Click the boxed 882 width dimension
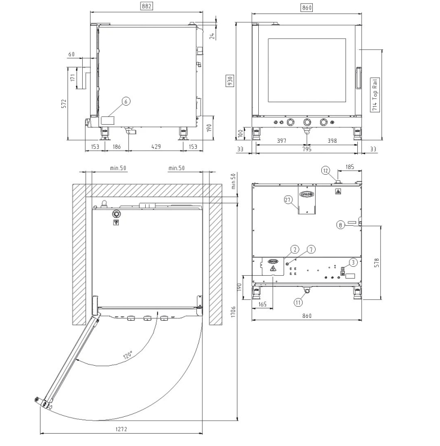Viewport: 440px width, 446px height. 146,6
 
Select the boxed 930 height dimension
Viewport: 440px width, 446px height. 230,80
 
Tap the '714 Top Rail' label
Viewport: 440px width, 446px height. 375,94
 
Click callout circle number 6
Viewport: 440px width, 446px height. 126,101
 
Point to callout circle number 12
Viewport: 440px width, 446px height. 326,171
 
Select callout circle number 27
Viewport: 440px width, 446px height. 288,200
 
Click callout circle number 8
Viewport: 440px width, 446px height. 340,225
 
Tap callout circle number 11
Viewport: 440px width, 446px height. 298,302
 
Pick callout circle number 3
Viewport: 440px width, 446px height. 353,262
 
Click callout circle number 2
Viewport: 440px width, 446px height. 295,249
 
